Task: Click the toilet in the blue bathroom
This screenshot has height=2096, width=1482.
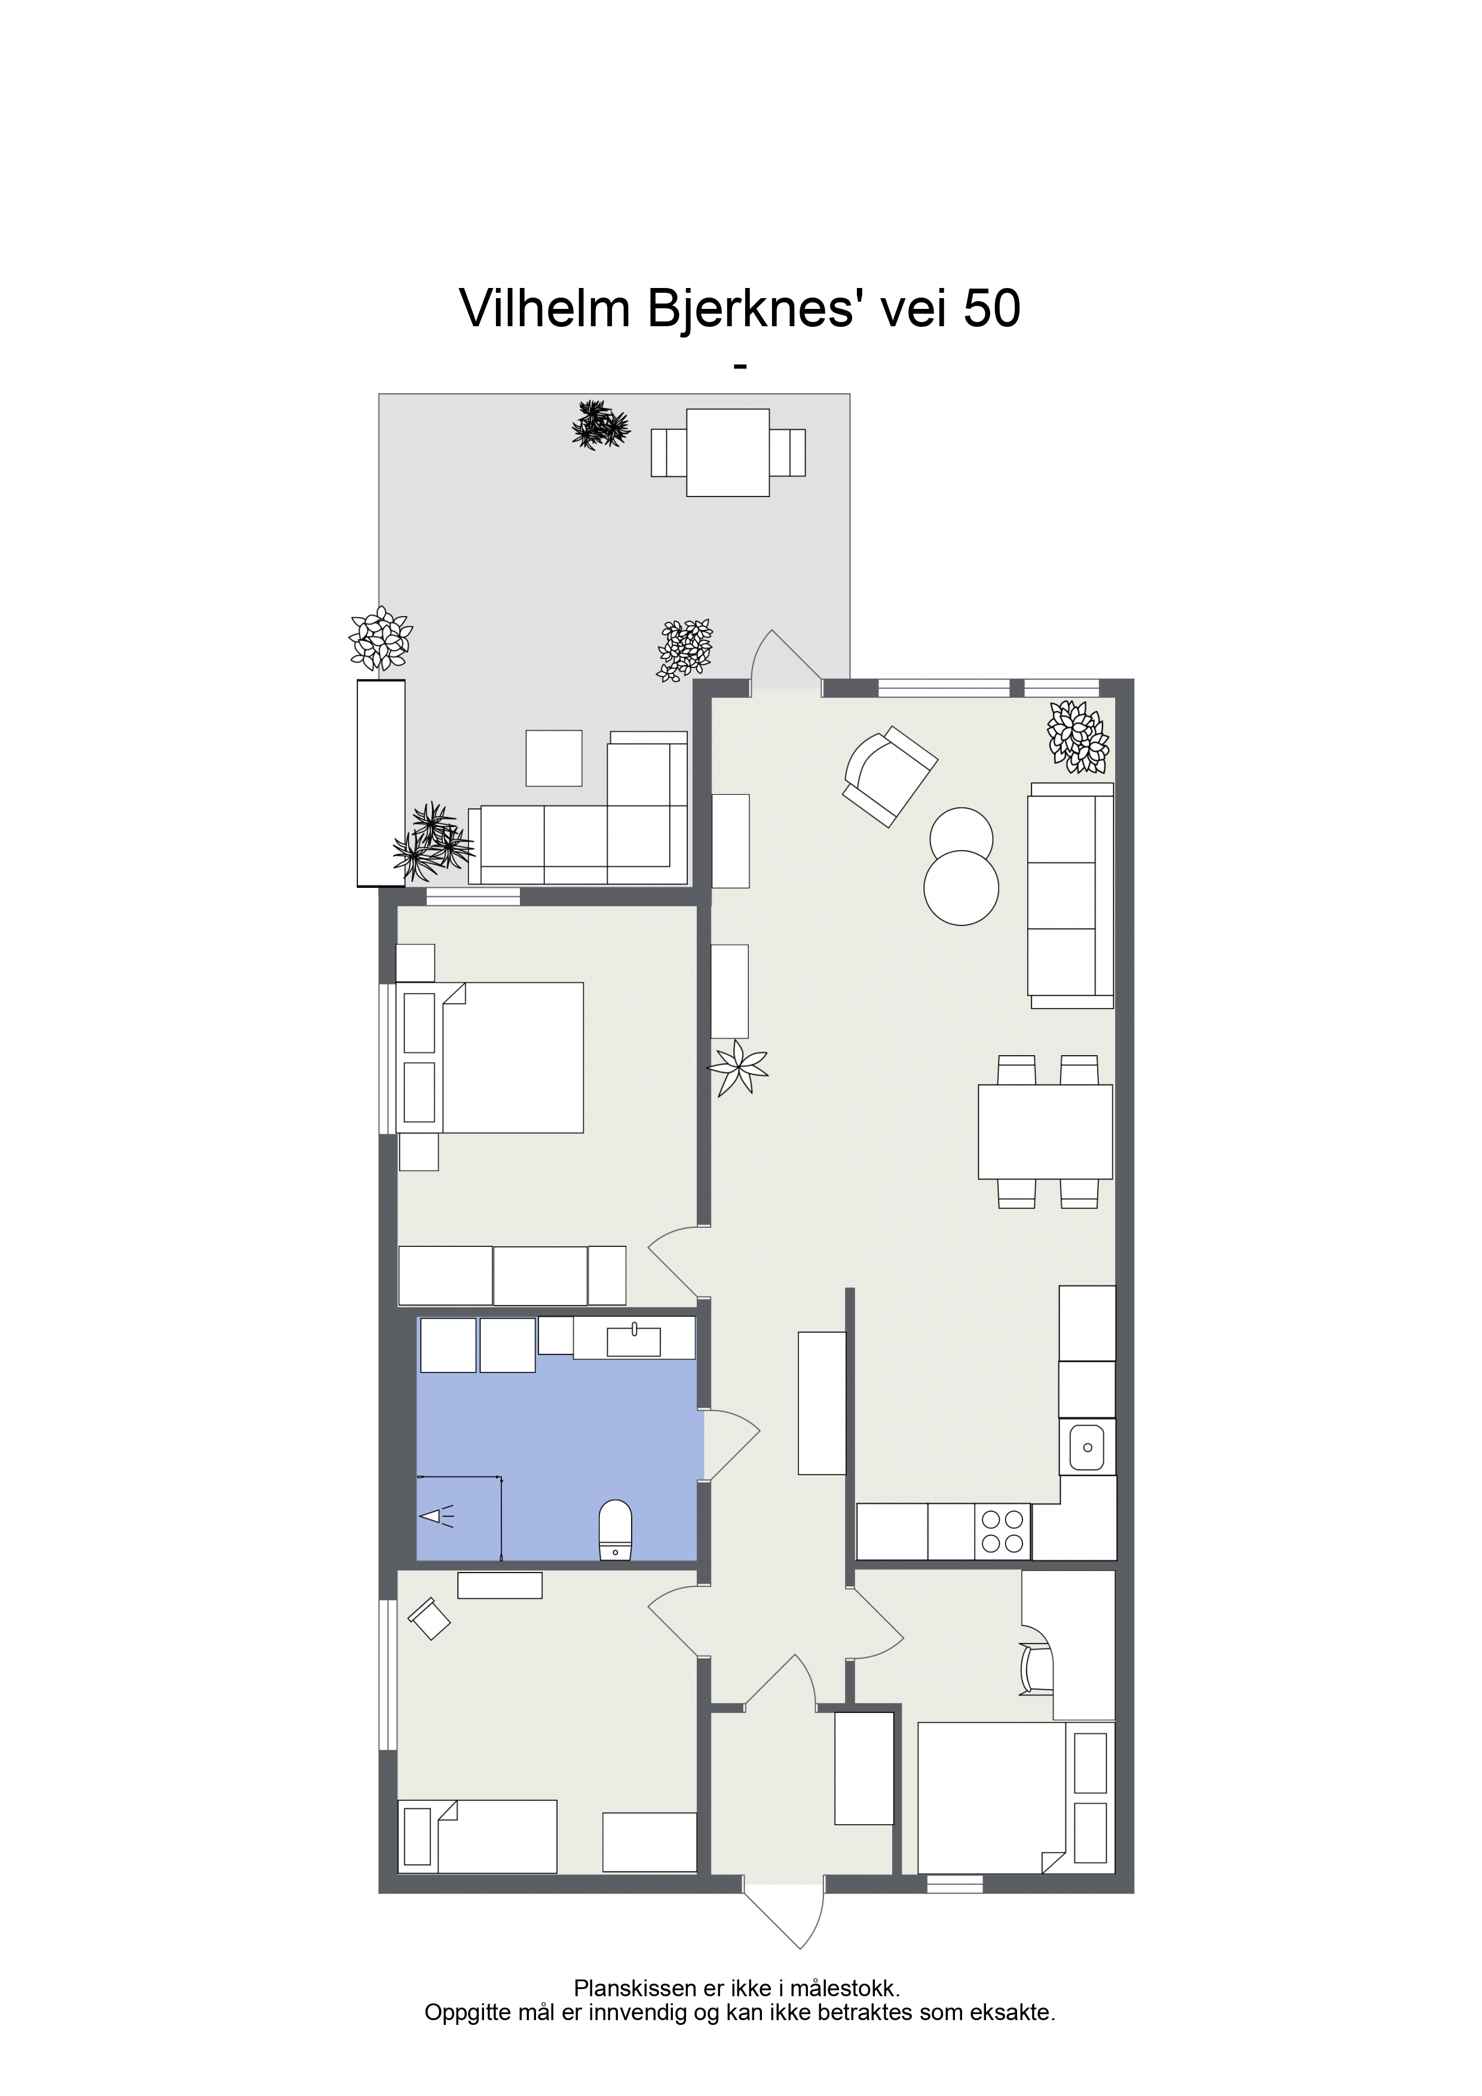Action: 616,1530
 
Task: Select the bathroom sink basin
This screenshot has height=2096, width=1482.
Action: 633,1341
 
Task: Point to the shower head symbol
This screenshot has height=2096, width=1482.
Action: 436,1516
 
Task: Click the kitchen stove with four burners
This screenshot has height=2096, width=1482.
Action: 1003,1532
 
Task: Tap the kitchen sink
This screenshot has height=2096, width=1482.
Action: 1086,1447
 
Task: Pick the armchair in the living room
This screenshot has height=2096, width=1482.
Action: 889,776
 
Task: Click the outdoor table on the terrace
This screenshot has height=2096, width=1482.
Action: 728,453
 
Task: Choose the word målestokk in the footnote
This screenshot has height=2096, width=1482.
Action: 844,1988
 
